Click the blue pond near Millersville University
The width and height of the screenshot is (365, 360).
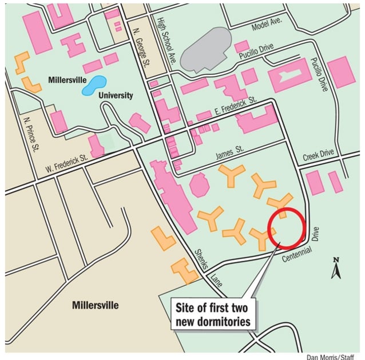(94, 86)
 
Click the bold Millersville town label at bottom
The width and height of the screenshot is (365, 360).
(96, 305)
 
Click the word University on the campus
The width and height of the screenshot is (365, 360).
(114, 95)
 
